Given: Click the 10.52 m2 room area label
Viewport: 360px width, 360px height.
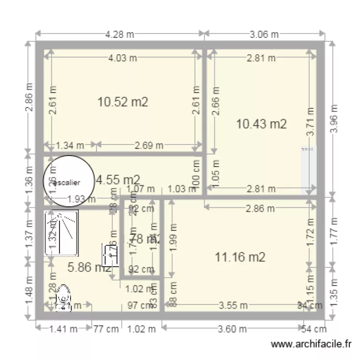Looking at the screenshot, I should click(122, 102).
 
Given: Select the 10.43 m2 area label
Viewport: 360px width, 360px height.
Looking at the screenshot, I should click(262, 124).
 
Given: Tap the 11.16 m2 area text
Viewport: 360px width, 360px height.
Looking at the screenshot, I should click(240, 257).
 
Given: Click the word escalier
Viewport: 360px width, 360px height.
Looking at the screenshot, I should click(68, 182).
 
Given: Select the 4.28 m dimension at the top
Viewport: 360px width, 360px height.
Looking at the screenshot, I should click(120, 34).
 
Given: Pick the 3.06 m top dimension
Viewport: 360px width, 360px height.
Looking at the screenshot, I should click(264, 34).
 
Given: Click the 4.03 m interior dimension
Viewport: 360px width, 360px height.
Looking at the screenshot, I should click(122, 58).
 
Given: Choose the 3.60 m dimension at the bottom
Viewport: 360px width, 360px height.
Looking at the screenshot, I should click(233, 329).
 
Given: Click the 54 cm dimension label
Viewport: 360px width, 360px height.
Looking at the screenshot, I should click(314, 329).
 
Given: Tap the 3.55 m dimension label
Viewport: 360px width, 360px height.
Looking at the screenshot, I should click(233, 305).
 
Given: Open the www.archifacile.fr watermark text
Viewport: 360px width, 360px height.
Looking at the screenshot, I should click(312, 344).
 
